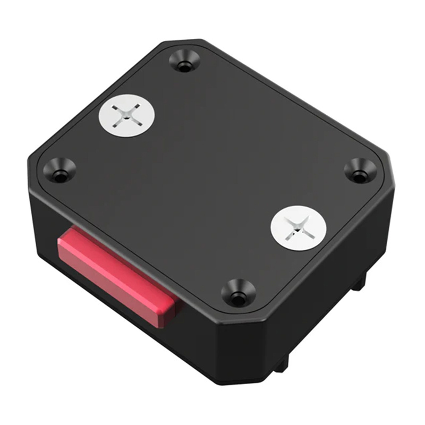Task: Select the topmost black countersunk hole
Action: (x=184, y=61)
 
